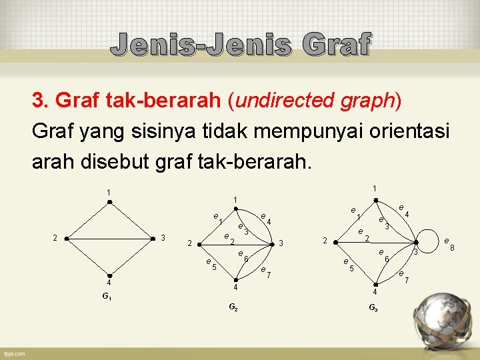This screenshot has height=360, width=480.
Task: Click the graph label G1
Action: (107, 296)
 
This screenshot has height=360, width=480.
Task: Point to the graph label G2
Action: (233, 307)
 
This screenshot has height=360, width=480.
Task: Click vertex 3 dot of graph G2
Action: (271, 244)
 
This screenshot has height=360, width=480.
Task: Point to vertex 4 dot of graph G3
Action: (375, 284)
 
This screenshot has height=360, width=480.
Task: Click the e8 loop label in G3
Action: (449, 243)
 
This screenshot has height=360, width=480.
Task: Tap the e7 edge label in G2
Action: (265, 271)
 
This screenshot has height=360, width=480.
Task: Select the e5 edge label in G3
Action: (347, 265)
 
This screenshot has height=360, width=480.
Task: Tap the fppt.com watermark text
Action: (13, 353)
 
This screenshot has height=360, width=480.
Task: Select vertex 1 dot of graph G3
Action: (375, 198)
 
